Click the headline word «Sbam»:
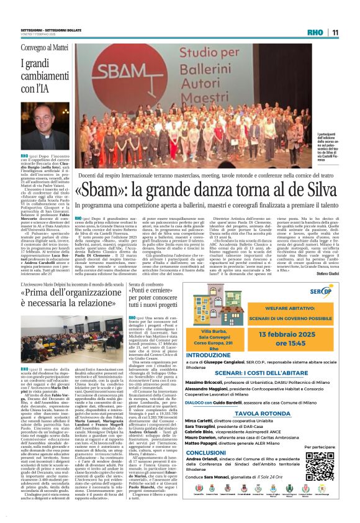(97, 188)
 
